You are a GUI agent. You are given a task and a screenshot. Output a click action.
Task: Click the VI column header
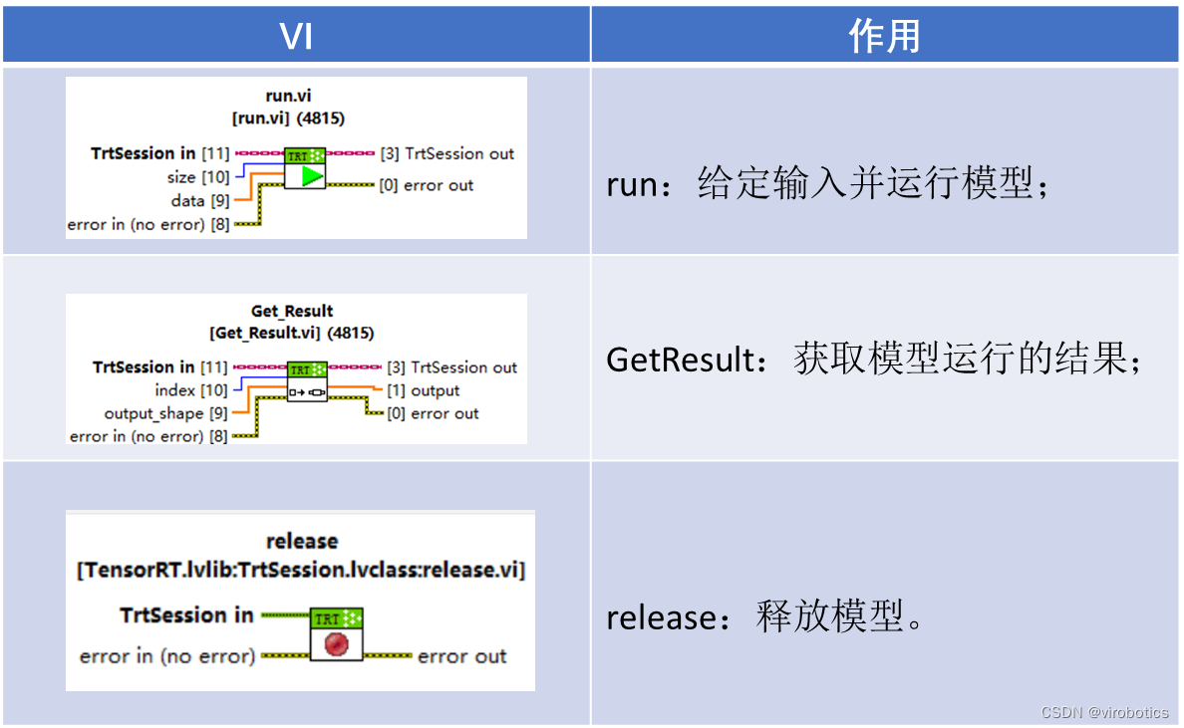click(296, 36)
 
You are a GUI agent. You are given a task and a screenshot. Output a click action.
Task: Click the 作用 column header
click(885, 36)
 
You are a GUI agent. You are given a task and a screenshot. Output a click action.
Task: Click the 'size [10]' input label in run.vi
click(198, 177)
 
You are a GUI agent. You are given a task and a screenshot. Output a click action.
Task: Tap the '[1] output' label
click(423, 390)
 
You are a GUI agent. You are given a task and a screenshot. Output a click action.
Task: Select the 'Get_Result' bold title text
click(292, 311)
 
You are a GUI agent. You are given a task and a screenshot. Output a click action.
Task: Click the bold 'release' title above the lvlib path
click(302, 542)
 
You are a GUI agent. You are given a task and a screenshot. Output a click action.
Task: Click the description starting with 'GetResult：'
click(873, 360)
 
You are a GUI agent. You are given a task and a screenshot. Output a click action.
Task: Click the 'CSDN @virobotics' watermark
click(1104, 712)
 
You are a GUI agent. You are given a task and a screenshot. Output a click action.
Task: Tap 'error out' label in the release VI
click(461, 656)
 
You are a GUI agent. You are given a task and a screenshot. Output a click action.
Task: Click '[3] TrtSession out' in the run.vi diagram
click(447, 153)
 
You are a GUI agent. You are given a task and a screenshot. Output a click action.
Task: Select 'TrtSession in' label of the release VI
click(186, 615)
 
